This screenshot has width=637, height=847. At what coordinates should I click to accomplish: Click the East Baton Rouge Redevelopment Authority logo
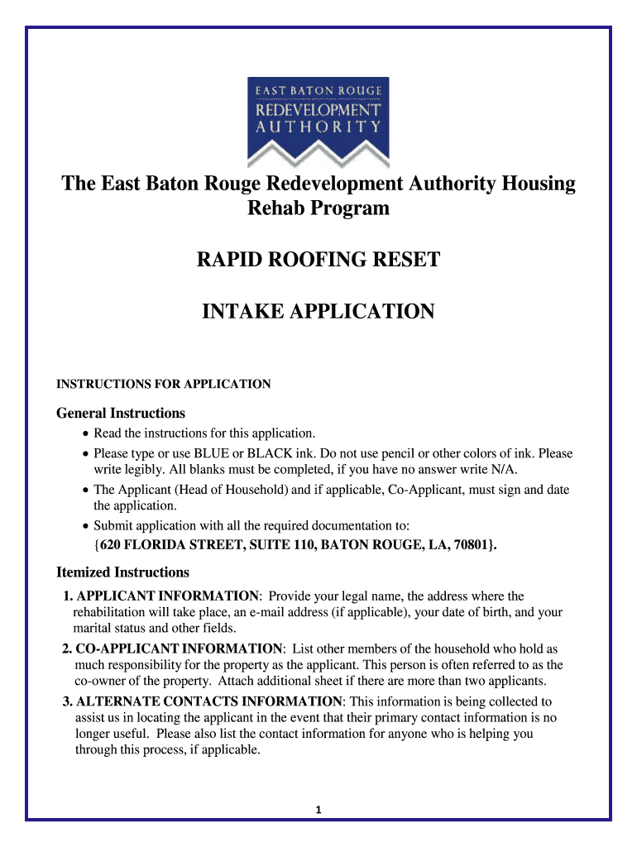pos(318,122)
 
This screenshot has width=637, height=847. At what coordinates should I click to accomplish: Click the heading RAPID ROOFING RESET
pos(318,261)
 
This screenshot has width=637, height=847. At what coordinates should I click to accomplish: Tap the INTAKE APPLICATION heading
pos(318,312)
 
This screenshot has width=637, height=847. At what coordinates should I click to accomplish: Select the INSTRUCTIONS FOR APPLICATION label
pos(163,384)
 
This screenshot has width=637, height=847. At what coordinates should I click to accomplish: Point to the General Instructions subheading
pos(120,413)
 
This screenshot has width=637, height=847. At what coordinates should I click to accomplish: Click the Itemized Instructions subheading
pos(122,572)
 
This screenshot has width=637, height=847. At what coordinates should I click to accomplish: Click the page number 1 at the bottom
pos(318,810)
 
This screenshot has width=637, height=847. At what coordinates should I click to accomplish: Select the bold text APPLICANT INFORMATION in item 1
pos(167,596)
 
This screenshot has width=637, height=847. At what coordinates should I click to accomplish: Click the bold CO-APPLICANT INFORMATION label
pos(180,648)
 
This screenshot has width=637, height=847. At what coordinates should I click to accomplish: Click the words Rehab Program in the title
pos(318,208)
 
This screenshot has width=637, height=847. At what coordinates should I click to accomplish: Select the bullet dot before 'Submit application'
pos(86,526)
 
